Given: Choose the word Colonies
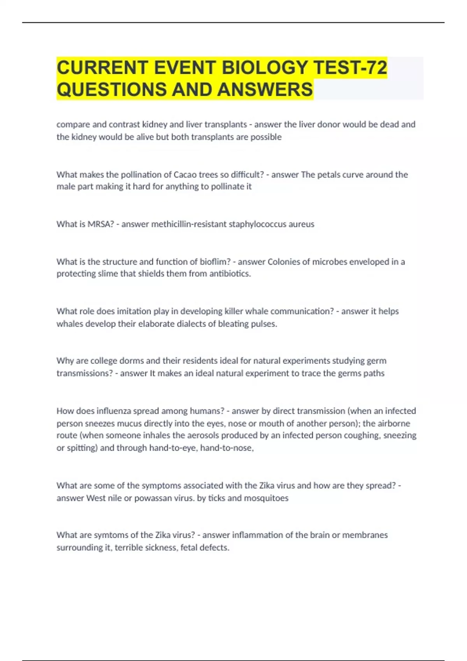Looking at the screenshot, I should coord(284,262).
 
